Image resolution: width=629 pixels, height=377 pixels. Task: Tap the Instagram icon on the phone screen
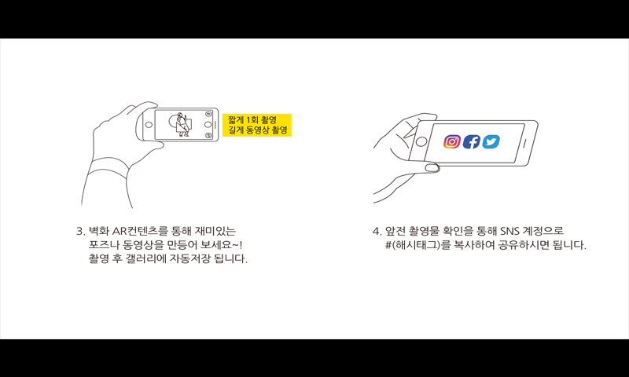[451, 141]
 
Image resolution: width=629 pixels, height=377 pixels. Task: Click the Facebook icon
[471, 141]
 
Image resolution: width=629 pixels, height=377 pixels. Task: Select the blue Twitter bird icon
[491, 141]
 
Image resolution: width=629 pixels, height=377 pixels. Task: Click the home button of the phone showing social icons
[421, 141]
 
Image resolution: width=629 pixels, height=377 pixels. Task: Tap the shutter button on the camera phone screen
[208, 125]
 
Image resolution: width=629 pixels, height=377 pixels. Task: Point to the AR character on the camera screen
[182, 124]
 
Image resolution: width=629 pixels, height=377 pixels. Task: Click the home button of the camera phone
[149, 125]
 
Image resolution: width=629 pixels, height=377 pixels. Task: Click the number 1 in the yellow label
[248, 120]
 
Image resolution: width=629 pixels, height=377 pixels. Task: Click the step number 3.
[79, 231]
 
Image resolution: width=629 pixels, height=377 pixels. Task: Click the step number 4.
[376, 231]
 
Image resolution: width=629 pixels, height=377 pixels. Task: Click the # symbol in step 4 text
[388, 245]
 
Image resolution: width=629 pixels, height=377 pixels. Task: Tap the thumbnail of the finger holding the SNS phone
[431, 167]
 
